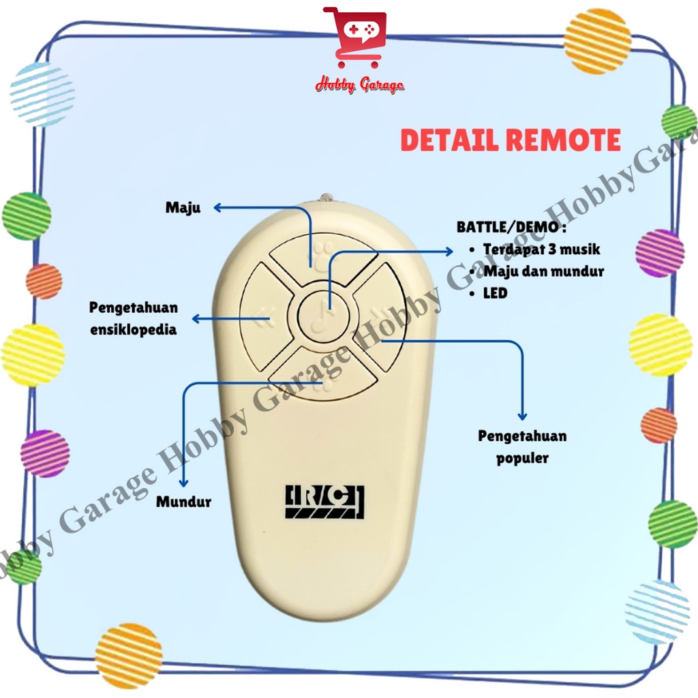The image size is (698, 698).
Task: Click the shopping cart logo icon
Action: point(354,38)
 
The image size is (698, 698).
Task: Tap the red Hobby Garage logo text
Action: point(359,85)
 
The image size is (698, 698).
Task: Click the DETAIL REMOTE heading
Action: point(511,140)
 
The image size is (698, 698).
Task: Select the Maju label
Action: point(183,208)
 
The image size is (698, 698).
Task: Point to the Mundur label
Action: point(183,502)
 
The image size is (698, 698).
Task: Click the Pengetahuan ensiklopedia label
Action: point(134,318)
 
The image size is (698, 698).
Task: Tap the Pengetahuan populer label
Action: point(522,446)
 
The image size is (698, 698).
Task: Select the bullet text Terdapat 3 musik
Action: point(541,249)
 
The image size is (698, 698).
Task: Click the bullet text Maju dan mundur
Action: point(544,271)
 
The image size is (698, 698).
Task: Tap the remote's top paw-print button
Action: point(322,255)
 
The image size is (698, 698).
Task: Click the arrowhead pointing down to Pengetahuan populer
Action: point(523,415)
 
